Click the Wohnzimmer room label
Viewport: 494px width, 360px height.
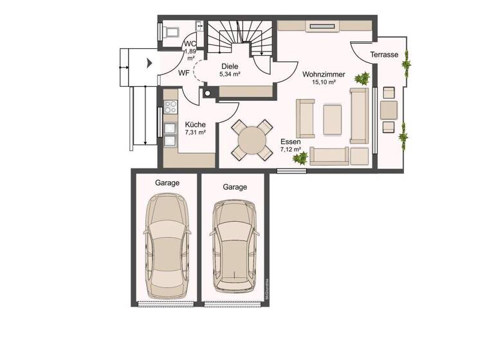[324, 75]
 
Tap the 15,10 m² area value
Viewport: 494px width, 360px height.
[324, 83]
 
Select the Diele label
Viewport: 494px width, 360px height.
[230, 66]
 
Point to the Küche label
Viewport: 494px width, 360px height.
[195, 124]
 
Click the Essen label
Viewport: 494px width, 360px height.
[290, 142]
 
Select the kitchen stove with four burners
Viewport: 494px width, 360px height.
[171, 107]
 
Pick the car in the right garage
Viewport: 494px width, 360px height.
[234, 245]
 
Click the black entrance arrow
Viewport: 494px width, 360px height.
[149, 63]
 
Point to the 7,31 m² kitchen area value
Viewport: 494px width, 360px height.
[195, 132]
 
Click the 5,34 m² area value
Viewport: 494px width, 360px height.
[230, 75]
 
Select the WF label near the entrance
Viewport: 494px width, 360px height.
[184, 73]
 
